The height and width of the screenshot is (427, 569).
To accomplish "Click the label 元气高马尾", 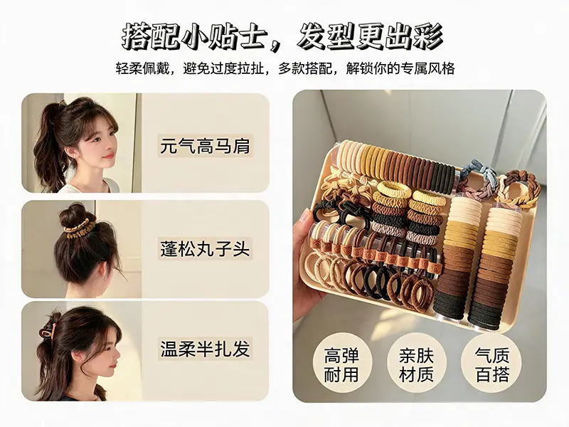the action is click(205, 146).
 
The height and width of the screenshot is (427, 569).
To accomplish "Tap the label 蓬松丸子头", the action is click(205, 248).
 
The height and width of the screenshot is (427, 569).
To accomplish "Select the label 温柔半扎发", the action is click(205, 348).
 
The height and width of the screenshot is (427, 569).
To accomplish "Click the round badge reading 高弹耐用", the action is click(341, 365).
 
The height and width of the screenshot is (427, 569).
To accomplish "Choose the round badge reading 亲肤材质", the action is click(416, 365).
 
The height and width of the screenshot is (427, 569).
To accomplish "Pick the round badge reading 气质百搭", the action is click(491, 364).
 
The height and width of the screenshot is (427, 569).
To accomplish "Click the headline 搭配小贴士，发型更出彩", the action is click(283, 37).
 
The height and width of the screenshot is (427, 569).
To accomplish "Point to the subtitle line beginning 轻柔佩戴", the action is click(285, 68).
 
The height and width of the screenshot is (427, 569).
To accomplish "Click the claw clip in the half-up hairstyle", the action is click(47, 327).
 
